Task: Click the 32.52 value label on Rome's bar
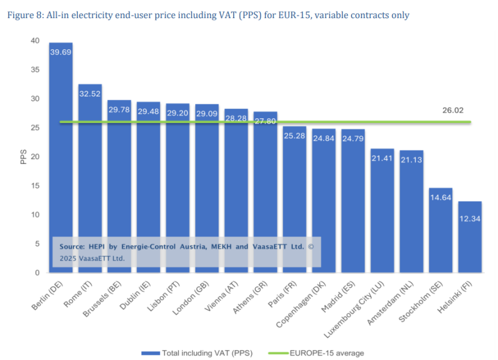90,92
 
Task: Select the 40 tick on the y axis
36,41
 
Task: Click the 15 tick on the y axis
36,186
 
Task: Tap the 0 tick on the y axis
37,273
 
